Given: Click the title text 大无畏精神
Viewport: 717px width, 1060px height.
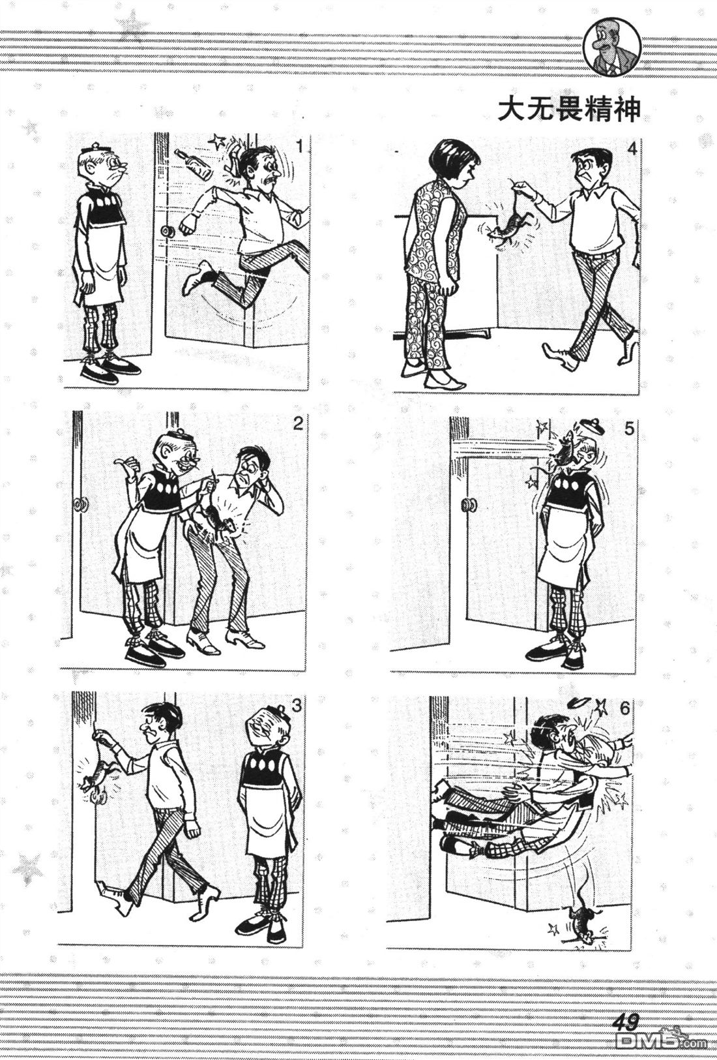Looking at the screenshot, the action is [x=570, y=110].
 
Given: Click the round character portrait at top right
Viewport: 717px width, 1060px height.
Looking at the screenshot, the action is [x=611, y=48].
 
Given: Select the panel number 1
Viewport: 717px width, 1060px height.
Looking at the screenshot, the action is [x=299, y=147].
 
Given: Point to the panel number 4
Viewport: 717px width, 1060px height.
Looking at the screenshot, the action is [x=632, y=149].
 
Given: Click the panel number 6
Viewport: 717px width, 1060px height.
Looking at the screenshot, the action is [x=624, y=708].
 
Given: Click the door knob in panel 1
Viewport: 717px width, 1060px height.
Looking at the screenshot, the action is [x=168, y=232].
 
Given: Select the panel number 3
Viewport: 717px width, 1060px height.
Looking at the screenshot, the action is [x=296, y=706].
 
